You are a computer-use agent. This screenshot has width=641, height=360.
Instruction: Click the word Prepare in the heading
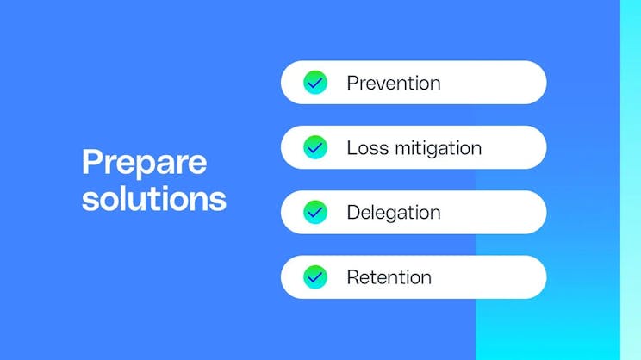(x=144, y=164)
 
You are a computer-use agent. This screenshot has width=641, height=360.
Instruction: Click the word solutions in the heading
(x=153, y=199)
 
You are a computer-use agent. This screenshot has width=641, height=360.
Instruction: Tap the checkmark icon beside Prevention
(x=315, y=83)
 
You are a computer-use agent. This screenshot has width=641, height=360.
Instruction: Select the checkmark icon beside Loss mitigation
(x=315, y=147)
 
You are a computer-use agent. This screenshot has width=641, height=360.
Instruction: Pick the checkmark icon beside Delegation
(x=315, y=212)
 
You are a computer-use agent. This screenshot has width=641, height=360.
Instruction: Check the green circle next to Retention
(x=315, y=276)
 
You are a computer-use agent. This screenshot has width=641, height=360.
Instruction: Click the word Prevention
(x=393, y=84)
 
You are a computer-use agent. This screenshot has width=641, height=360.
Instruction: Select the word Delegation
(x=393, y=213)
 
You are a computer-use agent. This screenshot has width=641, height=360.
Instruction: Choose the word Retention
(x=389, y=277)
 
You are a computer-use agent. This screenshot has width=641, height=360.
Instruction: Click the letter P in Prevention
(x=352, y=84)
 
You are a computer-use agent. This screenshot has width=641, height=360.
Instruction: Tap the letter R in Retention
(x=352, y=277)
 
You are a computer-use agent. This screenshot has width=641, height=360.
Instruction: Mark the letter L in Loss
(x=351, y=148)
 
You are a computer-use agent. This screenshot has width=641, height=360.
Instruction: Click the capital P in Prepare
(x=91, y=163)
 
